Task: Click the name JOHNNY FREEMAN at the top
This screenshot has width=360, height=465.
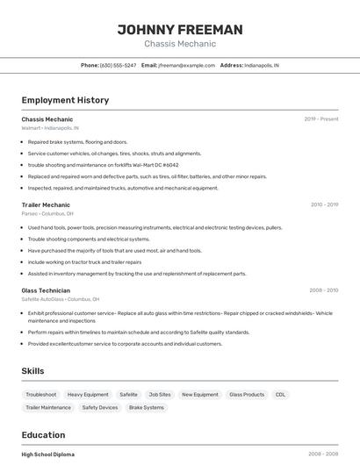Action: click(x=180, y=30)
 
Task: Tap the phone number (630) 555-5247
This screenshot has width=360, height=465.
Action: click(x=118, y=65)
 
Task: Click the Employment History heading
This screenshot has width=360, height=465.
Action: click(x=65, y=100)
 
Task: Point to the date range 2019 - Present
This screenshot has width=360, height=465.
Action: click(x=321, y=118)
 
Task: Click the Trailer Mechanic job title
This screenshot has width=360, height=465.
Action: click(x=46, y=204)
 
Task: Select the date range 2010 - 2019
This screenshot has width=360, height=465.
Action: click(x=324, y=204)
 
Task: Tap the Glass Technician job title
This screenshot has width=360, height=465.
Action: click(x=46, y=290)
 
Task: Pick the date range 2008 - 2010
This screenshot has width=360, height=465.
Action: click(x=323, y=290)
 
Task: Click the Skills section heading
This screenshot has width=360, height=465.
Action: click(x=32, y=371)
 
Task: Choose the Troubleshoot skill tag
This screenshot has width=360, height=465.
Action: click(x=41, y=395)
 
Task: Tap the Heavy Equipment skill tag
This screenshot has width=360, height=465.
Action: click(x=88, y=395)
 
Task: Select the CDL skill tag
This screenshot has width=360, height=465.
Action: click(x=280, y=395)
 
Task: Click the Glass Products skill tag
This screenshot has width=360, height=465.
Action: click(x=247, y=395)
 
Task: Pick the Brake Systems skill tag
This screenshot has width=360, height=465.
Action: click(x=147, y=407)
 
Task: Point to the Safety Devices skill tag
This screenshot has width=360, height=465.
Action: click(x=100, y=407)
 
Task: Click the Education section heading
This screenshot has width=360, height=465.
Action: click(x=43, y=435)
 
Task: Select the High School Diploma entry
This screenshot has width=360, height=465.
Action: click(x=48, y=454)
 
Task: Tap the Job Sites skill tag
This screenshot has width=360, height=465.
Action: click(x=160, y=395)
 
